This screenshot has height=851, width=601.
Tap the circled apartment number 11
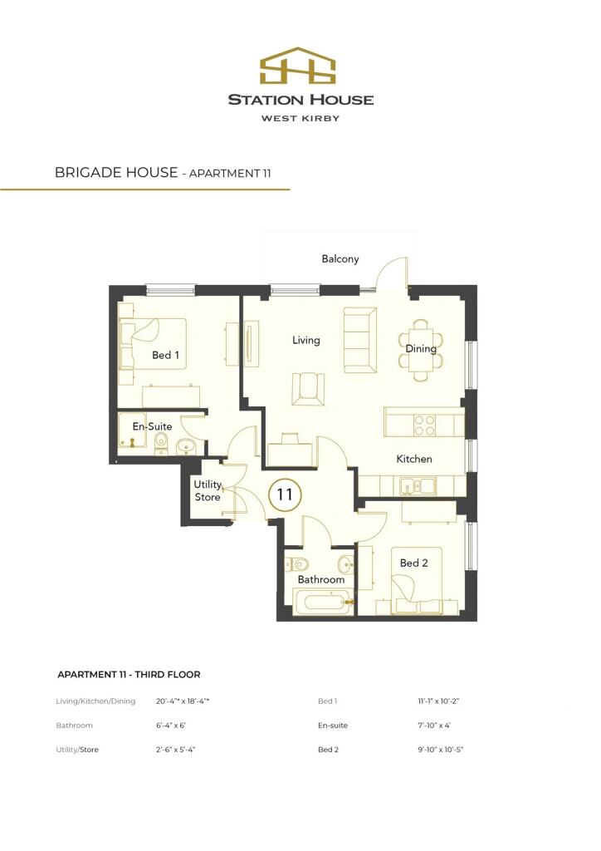[x=285, y=494]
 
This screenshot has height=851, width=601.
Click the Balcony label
[x=340, y=259]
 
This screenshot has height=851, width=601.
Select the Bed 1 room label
[x=165, y=356]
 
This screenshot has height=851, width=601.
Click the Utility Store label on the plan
[x=208, y=490]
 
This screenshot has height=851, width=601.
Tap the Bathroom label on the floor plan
[x=320, y=579]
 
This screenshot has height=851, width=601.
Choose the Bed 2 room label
[x=413, y=563]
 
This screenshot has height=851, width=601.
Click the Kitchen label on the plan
[x=413, y=459]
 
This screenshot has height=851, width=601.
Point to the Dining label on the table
[x=421, y=349]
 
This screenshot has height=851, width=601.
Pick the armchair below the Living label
[x=310, y=387]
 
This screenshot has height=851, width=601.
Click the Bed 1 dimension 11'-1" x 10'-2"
[x=438, y=701]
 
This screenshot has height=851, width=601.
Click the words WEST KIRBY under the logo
[x=300, y=118]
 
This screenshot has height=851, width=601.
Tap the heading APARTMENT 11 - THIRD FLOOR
[x=129, y=675]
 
